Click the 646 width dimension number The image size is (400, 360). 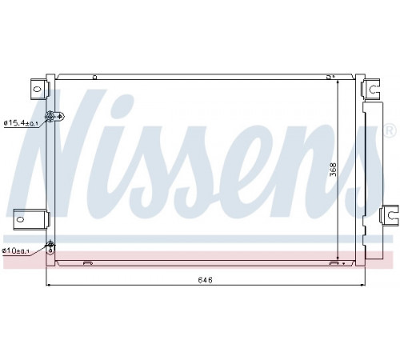(206, 280)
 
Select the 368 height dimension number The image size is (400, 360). (333, 170)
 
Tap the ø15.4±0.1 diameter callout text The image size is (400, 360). (21, 123)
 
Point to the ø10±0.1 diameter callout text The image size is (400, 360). (15, 250)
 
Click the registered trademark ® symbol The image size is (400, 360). (390, 131)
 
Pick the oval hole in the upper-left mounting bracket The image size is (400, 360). (37, 89)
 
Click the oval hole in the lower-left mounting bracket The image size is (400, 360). (20, 219)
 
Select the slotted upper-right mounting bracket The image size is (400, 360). (370, 88)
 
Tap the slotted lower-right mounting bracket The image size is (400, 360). (389, 214)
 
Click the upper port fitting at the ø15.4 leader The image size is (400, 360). (54, 116)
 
